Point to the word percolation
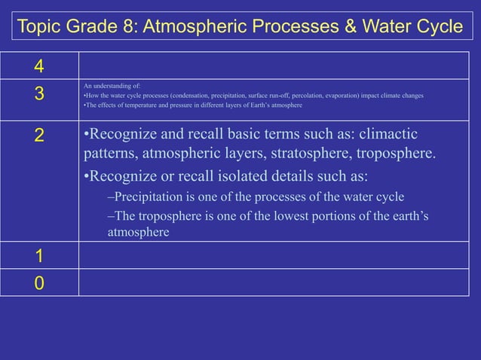(x=319, y=96)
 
